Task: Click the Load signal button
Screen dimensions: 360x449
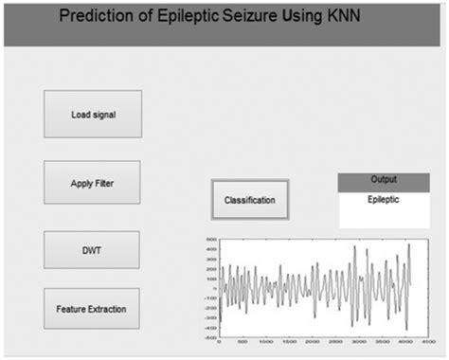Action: point(93,115)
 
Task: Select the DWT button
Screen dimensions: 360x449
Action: point(92,250)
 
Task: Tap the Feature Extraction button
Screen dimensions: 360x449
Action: point(92,309)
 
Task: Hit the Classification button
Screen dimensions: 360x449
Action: point(249,200)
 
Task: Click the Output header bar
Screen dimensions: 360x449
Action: point(384,179)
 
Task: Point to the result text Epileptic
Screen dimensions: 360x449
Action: point(384,200)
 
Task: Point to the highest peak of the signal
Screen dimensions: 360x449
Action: point(408,245)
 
